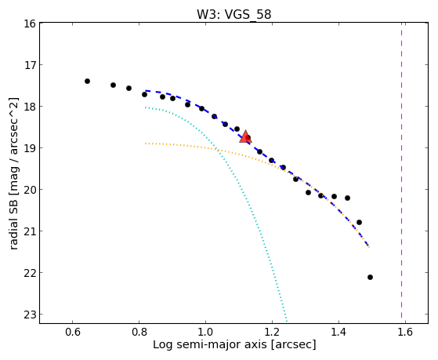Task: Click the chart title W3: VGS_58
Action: [x=233, y=14]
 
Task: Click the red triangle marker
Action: [x=245, y=136]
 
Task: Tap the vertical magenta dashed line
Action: [x=401, y=170]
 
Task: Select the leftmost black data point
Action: [x=87, y=81]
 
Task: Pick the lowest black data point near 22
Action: [x=370, y=277]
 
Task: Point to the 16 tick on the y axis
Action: [x=30, y=24]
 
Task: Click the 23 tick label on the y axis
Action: [x=30, y=315]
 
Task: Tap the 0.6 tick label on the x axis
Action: [x=73, y=332]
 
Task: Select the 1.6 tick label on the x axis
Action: [x=405, y=332]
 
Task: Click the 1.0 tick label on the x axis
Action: [x=205, y=332]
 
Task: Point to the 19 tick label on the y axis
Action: [x=30, y=148]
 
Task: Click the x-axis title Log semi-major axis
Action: [x=210, y=344]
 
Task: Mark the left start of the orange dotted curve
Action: [x=146, y=144]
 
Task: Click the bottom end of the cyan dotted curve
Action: [x=286, y=321]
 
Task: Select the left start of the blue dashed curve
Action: [x=146, y=91]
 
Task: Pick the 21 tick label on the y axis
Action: [x=30, y=231]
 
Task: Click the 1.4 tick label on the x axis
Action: [x=338, y=332]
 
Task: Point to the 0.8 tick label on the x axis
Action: [x=139, y=332]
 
